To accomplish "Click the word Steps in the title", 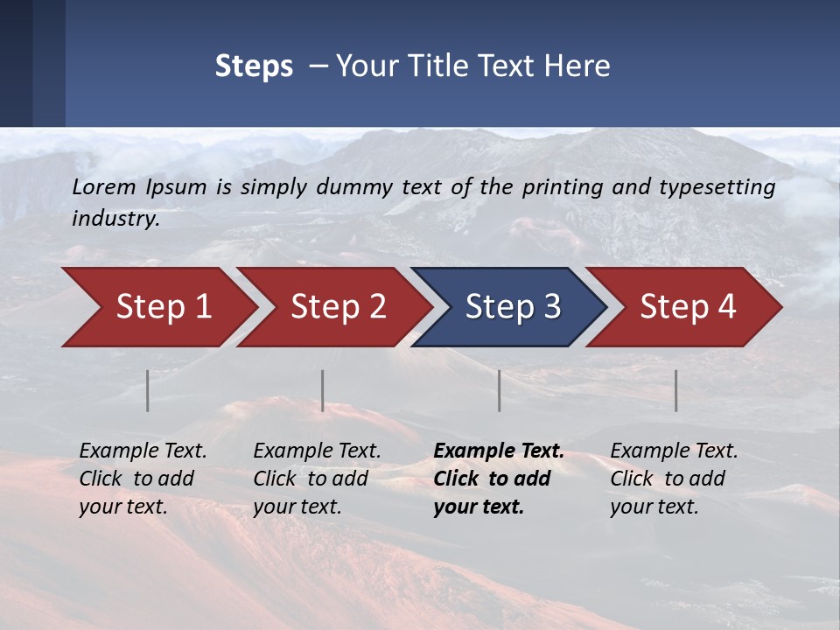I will point(254,66).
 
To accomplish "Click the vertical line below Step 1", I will point(148,390).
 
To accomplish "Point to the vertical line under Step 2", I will point(323,390).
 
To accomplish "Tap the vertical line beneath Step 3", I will point(500,390).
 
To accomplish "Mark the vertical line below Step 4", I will point(676,390).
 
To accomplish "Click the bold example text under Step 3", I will point(498,479).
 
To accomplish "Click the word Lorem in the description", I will point(103,186).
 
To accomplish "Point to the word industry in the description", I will point(115,219).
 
